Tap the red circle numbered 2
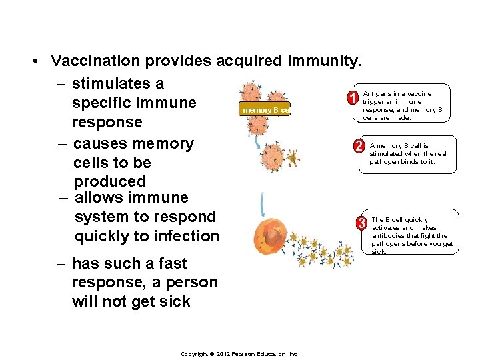(358, 146)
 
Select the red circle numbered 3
(362, 222)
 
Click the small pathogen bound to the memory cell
(291, 159)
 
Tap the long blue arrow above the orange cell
(264, 203)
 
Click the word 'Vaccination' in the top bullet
(97, 61)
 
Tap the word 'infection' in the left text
(186, 236)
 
